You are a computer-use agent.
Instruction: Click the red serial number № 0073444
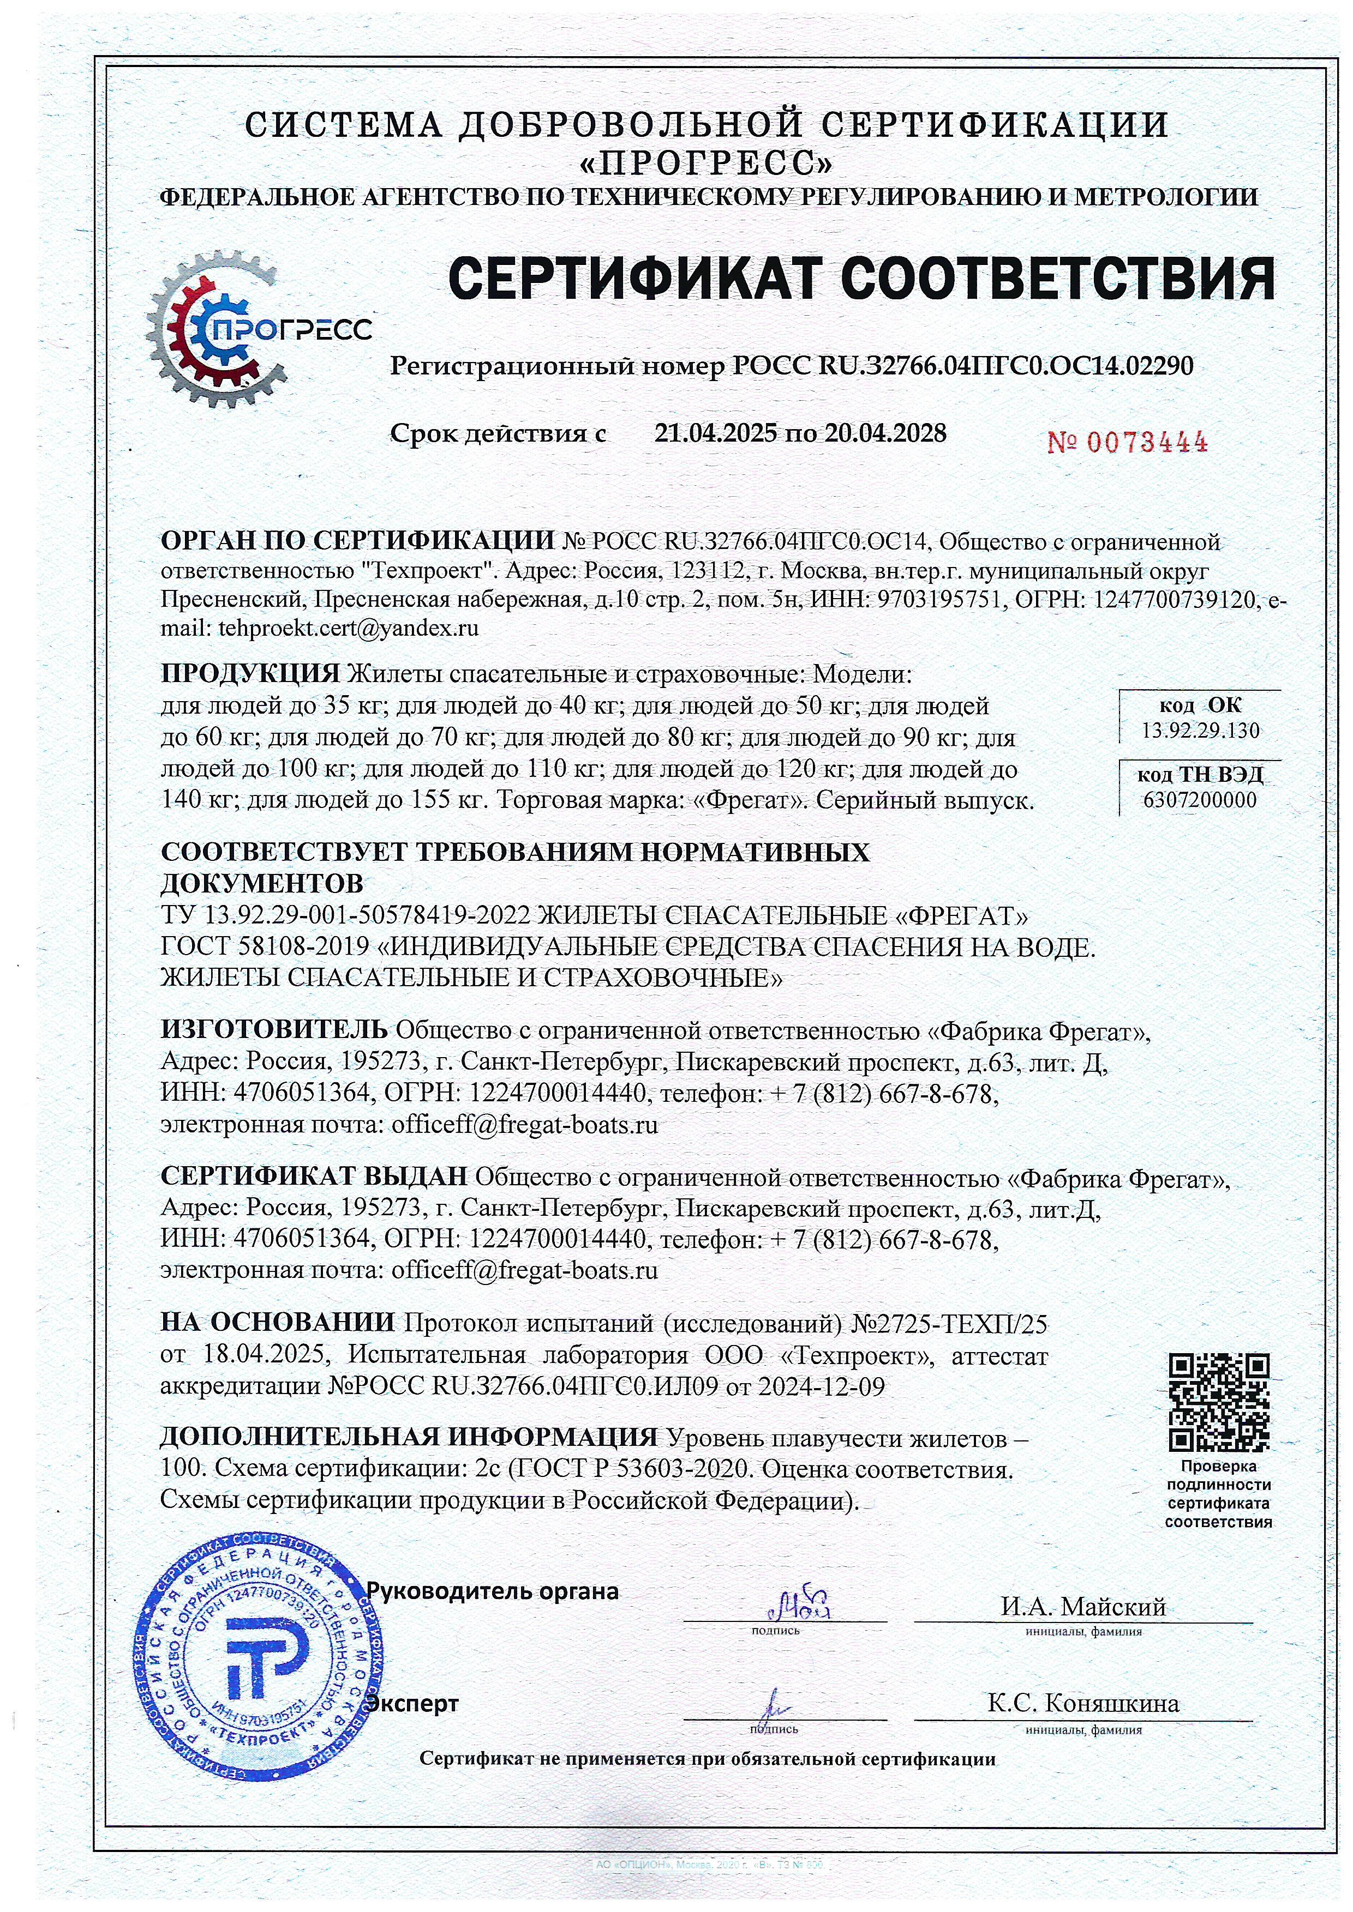(x=1127, y=442)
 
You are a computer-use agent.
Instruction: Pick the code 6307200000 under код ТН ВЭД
(x=1200, y=800)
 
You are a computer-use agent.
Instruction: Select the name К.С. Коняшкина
(x=1083, y=1703)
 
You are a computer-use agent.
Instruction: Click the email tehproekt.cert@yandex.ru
(x=348, y=628)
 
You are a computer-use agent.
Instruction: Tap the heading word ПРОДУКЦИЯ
(x=250, y=673)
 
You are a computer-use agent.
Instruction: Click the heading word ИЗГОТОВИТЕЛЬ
(x=273, y=1029)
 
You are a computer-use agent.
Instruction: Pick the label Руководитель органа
(x=493, y=1591)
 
